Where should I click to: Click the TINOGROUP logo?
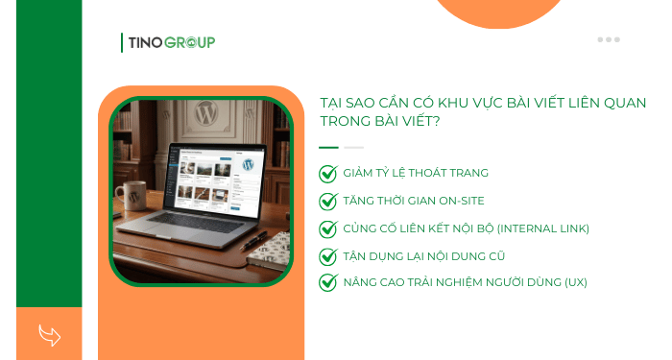(x=169, y=42)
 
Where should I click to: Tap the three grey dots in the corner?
(x=609, y=39)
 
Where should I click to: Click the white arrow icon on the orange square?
(x=49, y=335)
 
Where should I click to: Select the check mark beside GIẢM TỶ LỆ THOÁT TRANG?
(x=328, y=174)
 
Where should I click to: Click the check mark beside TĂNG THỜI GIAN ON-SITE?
(x=328, y=202)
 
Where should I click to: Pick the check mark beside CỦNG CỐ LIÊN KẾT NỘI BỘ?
(x=328, y=228)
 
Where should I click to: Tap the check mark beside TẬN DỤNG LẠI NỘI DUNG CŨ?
(x=328, y=256)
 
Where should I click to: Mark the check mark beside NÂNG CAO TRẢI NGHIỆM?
(x=328, y=282)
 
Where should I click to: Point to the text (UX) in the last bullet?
(x=576, y=282)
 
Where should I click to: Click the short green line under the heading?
(x=328, y=147)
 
